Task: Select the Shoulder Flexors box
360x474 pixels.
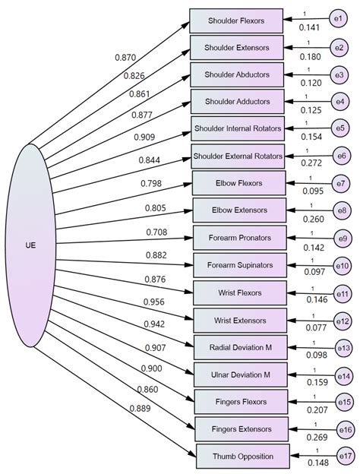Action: [237, 21]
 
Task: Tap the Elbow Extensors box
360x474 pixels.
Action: [239, 210]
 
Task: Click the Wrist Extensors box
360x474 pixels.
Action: [240, 319]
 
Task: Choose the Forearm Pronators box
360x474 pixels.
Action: [239, 237]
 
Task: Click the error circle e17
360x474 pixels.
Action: [345, 456]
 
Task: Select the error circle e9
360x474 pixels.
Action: [343, 237]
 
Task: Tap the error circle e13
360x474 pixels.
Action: [344, 346]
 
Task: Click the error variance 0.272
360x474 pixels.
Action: [311, 162]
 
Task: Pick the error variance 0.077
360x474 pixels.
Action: [311, 327]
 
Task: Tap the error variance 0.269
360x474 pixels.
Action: [311, 436]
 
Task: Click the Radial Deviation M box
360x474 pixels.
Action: [240, 347]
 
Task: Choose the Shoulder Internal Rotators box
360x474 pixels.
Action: [237, 128]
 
